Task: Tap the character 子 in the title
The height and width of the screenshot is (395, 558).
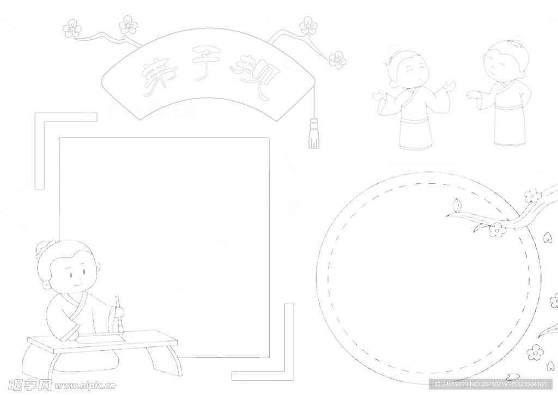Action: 207,63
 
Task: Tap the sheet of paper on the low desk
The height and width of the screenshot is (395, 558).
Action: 101,339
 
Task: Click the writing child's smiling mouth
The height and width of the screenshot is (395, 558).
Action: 77,284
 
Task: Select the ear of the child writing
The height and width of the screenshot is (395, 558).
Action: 46,285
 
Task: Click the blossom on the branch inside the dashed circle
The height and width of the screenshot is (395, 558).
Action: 498,230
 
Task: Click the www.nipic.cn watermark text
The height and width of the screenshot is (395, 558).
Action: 84,385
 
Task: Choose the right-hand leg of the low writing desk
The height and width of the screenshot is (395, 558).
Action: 167,360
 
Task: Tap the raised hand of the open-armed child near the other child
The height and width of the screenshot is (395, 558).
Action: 449,87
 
